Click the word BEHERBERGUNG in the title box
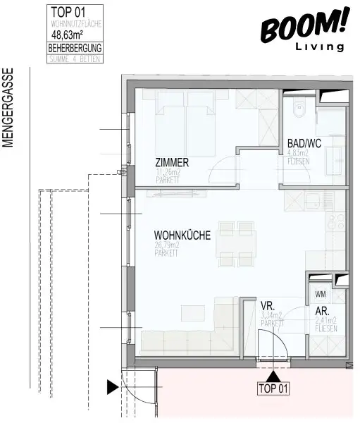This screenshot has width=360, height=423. [75, 48]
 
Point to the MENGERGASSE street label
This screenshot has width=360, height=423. [9, 107]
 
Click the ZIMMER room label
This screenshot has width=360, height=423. [172, 162]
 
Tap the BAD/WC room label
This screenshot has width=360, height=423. [304, 144]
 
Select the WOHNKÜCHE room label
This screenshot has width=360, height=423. [182, 237]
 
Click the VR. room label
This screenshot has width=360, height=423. [267, 306]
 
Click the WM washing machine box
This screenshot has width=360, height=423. [321, 294]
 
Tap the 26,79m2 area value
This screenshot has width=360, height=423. [168, 246]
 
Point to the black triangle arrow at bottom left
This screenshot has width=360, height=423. [111, 387]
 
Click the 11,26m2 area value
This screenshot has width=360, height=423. [169, 171]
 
